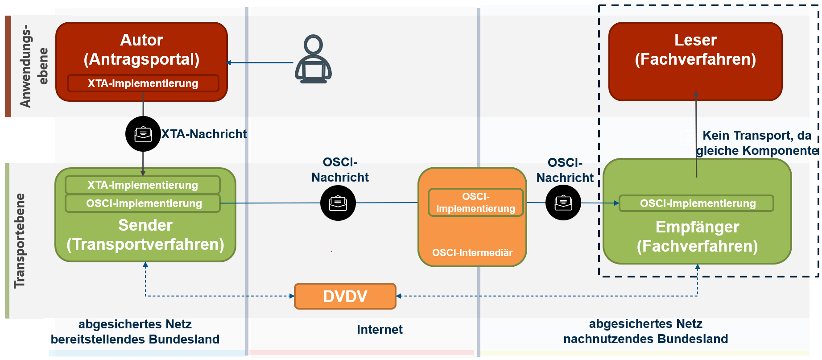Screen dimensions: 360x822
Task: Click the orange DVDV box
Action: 345,296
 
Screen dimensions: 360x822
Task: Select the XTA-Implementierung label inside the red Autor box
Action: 143,83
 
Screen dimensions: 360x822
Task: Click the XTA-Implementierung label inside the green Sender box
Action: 143,185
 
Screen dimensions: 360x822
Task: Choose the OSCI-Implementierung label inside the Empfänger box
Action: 697,203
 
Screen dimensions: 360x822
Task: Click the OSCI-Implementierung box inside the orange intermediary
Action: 475,203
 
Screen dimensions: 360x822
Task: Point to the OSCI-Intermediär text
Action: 472,253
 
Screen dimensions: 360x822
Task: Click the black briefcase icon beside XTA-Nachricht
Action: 143,134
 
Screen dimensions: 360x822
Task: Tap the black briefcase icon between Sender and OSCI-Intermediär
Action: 338,203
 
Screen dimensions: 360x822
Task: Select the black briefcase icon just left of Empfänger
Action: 563,203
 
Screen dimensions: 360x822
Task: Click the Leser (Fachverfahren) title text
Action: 695,50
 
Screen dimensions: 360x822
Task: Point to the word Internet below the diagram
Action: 380,330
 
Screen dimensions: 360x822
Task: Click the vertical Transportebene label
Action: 20,240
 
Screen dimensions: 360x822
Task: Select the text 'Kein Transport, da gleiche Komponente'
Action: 757,143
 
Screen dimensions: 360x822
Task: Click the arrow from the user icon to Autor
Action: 260,63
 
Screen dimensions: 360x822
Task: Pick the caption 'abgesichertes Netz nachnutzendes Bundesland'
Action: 645,331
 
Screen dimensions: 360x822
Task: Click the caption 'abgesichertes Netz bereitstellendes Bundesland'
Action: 135,332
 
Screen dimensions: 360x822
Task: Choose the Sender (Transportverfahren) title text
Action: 145,235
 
